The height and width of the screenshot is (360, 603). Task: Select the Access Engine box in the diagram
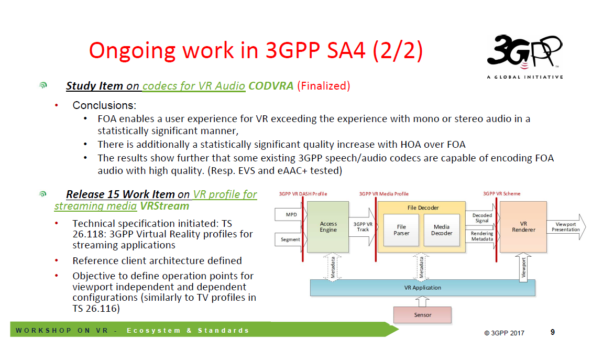[328, 227]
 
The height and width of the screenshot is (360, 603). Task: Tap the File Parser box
[401, 230]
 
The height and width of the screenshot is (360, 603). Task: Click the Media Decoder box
[441, 230]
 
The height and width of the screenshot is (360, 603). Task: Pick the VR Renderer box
[523, 227]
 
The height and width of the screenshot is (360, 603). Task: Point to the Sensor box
[422, 315]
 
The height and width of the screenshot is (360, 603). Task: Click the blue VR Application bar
[422, 288]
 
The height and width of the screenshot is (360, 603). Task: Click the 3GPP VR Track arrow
[363, 227]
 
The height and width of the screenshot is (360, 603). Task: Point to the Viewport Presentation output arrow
[566, 227]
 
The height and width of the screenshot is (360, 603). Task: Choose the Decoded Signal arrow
[481, 218]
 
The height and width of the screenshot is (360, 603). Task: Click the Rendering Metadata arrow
[481, 236]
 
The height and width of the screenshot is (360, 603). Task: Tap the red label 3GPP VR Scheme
[501, 194]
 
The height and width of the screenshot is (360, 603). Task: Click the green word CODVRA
[271, 86]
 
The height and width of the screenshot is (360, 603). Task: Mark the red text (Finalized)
[323, 86]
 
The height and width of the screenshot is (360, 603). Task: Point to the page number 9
[553, 332]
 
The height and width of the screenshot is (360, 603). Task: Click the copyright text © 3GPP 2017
[504, 333]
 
